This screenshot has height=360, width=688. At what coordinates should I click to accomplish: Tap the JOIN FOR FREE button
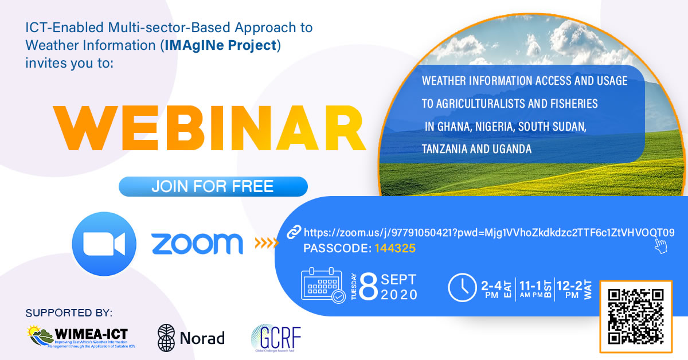point(213,186)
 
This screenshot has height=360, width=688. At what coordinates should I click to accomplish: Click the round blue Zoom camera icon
point(104,244)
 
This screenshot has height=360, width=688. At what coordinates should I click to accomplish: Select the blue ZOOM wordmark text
point(197,244)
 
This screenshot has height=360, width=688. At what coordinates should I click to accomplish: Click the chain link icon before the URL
point(294,232)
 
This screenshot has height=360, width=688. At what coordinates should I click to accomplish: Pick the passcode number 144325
point(395,249)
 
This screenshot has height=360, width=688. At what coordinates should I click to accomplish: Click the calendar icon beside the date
point(323,285)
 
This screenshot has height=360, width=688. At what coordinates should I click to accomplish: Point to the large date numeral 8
point(370,287)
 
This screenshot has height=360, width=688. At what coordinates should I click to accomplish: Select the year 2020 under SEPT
point(399,295)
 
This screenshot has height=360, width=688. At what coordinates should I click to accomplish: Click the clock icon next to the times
point(462,287)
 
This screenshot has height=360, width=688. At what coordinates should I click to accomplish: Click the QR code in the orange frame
point(635,316)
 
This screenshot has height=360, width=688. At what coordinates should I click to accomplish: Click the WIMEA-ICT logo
point(79,338)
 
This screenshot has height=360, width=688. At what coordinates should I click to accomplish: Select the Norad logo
point(191,338)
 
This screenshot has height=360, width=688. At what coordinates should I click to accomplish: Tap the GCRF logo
point(276,338)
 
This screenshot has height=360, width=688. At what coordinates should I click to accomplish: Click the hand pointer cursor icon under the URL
point(660,246)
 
